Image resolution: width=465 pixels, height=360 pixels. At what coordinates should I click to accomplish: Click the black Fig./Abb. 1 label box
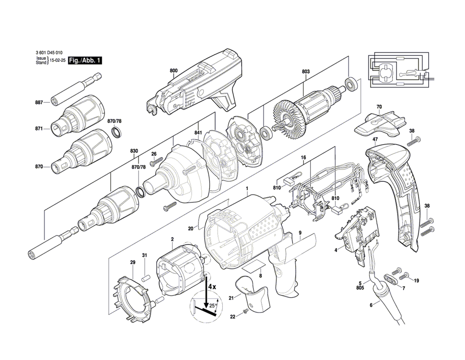pyautogui.click(x=85, y=61)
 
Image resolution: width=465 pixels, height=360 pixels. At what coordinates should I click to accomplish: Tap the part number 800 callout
pyautogui.click(x=173, y=71)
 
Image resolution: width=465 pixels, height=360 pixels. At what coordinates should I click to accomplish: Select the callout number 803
pyautogui.click(x=306, y=71)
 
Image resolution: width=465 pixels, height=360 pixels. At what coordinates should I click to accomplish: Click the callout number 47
pyautogui.click(x=375, y=139)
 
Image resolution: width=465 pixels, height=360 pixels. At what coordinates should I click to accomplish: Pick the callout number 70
pyautogui.click(x=379, y=107)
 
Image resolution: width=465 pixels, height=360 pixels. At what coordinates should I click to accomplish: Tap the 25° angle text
pyautogui.click(x=213, y=307)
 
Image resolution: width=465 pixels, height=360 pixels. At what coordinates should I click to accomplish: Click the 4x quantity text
pyautogui.click(x=213, y=287)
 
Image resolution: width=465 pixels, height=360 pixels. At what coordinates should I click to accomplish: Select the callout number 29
pyautogui.click(x=133, y=263)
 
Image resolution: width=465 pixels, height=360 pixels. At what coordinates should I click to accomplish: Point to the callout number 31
pyautogui.click(x=145, y=255)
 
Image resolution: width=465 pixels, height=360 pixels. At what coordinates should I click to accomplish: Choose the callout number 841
pyautogui.click(x=198, y=133)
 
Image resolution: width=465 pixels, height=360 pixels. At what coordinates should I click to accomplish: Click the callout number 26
pyautogui.click(x=154, y=154)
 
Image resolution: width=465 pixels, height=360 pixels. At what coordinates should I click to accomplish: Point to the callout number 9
pyautogui.click(x=300, y=233)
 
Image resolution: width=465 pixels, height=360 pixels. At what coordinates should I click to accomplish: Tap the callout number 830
pyautogui.click(x=134, y=151)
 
